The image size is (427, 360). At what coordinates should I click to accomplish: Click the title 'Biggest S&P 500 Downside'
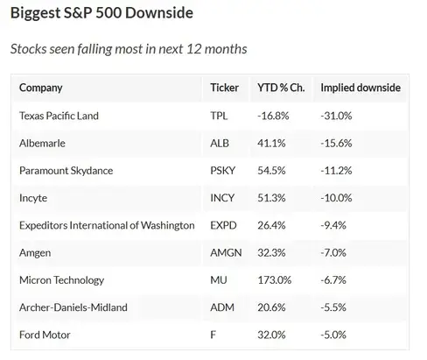101,14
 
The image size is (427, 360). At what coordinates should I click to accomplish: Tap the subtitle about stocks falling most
129,49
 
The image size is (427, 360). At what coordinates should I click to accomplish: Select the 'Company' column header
40,88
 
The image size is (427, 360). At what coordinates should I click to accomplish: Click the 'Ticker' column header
225,88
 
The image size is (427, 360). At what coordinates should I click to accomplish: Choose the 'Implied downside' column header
360,88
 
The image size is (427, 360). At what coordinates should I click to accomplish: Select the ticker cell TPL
219,116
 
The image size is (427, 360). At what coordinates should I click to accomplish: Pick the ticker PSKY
223,170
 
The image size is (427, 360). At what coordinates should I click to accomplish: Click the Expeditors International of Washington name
107,225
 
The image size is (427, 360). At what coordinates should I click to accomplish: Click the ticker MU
218,280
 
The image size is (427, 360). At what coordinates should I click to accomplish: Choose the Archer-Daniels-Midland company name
73,307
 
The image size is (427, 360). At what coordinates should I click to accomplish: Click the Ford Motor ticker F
213,335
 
